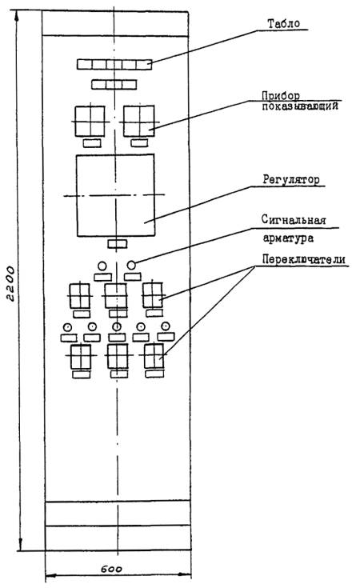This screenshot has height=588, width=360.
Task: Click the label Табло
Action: tap(283, 24)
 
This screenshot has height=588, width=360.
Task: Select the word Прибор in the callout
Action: tap(281, 96)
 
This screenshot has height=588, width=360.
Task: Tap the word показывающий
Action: tap(300, 106)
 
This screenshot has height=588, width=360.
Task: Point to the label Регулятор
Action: tap(291, 180)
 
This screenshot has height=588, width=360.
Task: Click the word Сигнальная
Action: tap(294, 220)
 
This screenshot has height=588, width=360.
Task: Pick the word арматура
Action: tap(288, 238)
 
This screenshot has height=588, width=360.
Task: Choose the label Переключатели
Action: tap(303, 259)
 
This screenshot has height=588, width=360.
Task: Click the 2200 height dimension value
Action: tap(11, 284)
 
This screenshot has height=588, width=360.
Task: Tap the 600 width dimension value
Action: tap(111, 569)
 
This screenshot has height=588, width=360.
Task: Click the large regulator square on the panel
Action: tap(116, 195)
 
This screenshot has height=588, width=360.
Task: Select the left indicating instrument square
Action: tap(90, 121)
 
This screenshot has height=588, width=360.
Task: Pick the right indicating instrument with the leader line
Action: tap(138, 121)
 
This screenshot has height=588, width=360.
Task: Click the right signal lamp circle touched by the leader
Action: tap(131, 265)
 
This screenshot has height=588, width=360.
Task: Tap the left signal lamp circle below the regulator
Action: tap(102, 266)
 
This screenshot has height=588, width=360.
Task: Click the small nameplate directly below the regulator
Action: tap(118, 244)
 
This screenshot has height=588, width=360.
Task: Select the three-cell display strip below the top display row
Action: tap(114, 84)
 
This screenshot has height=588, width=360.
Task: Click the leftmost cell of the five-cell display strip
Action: tap(85, 64)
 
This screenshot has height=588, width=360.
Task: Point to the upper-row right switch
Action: tap(153, 295)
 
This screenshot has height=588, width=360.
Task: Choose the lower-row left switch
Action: tap(81, 357)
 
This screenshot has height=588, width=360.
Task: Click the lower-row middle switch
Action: tap(118, 356)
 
